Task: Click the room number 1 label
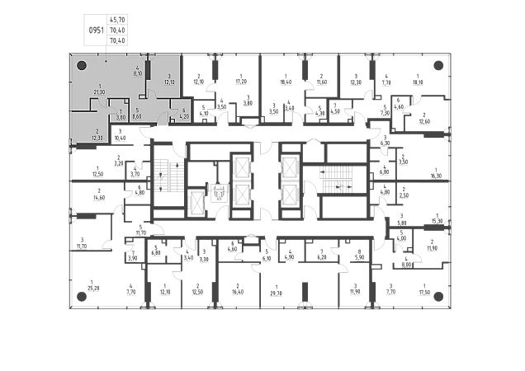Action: [x=101, y=86]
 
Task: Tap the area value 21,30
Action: [x=101, y=92]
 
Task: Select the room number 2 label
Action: [x=97, y=131]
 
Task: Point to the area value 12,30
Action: [x=97, y=138]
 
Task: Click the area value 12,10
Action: [x=169, y=82]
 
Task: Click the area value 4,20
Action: [x=185, y=115]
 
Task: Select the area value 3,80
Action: [x=121, y=116]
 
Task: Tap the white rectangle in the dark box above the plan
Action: [x=96, y=23]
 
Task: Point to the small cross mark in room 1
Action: [x=106, y=61]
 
